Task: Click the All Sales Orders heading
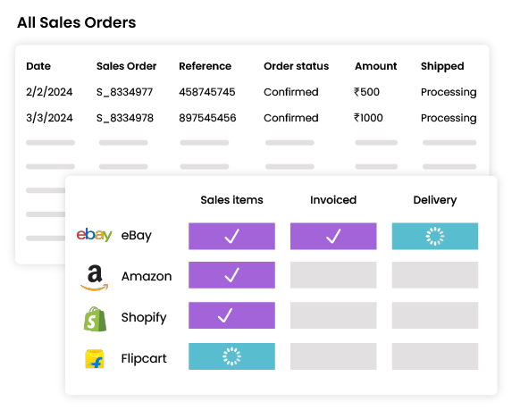pos(77,23)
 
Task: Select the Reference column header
pos(205,66)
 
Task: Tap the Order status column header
pos(296,66)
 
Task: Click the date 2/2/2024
pos(49,92)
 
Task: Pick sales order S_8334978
pos(125,118)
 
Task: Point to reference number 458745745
pos(207,92)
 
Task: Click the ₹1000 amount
pos(368,118)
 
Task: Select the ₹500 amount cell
pos(366,92)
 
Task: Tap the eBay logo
pos(95,235)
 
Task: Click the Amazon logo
pos(95,278)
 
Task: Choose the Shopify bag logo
pos(95,319)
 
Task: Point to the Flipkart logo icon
pos(95,359)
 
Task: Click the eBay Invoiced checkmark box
pos(333,237)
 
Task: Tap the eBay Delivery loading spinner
pos(435,237)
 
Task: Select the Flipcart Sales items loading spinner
pos(231,356)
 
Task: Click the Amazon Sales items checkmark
pos(231,275)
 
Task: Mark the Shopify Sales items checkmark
pos(225,315)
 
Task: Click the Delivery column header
pos(435,200)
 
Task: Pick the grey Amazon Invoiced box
pos(333,275)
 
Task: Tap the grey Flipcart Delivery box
pos(435,356)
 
